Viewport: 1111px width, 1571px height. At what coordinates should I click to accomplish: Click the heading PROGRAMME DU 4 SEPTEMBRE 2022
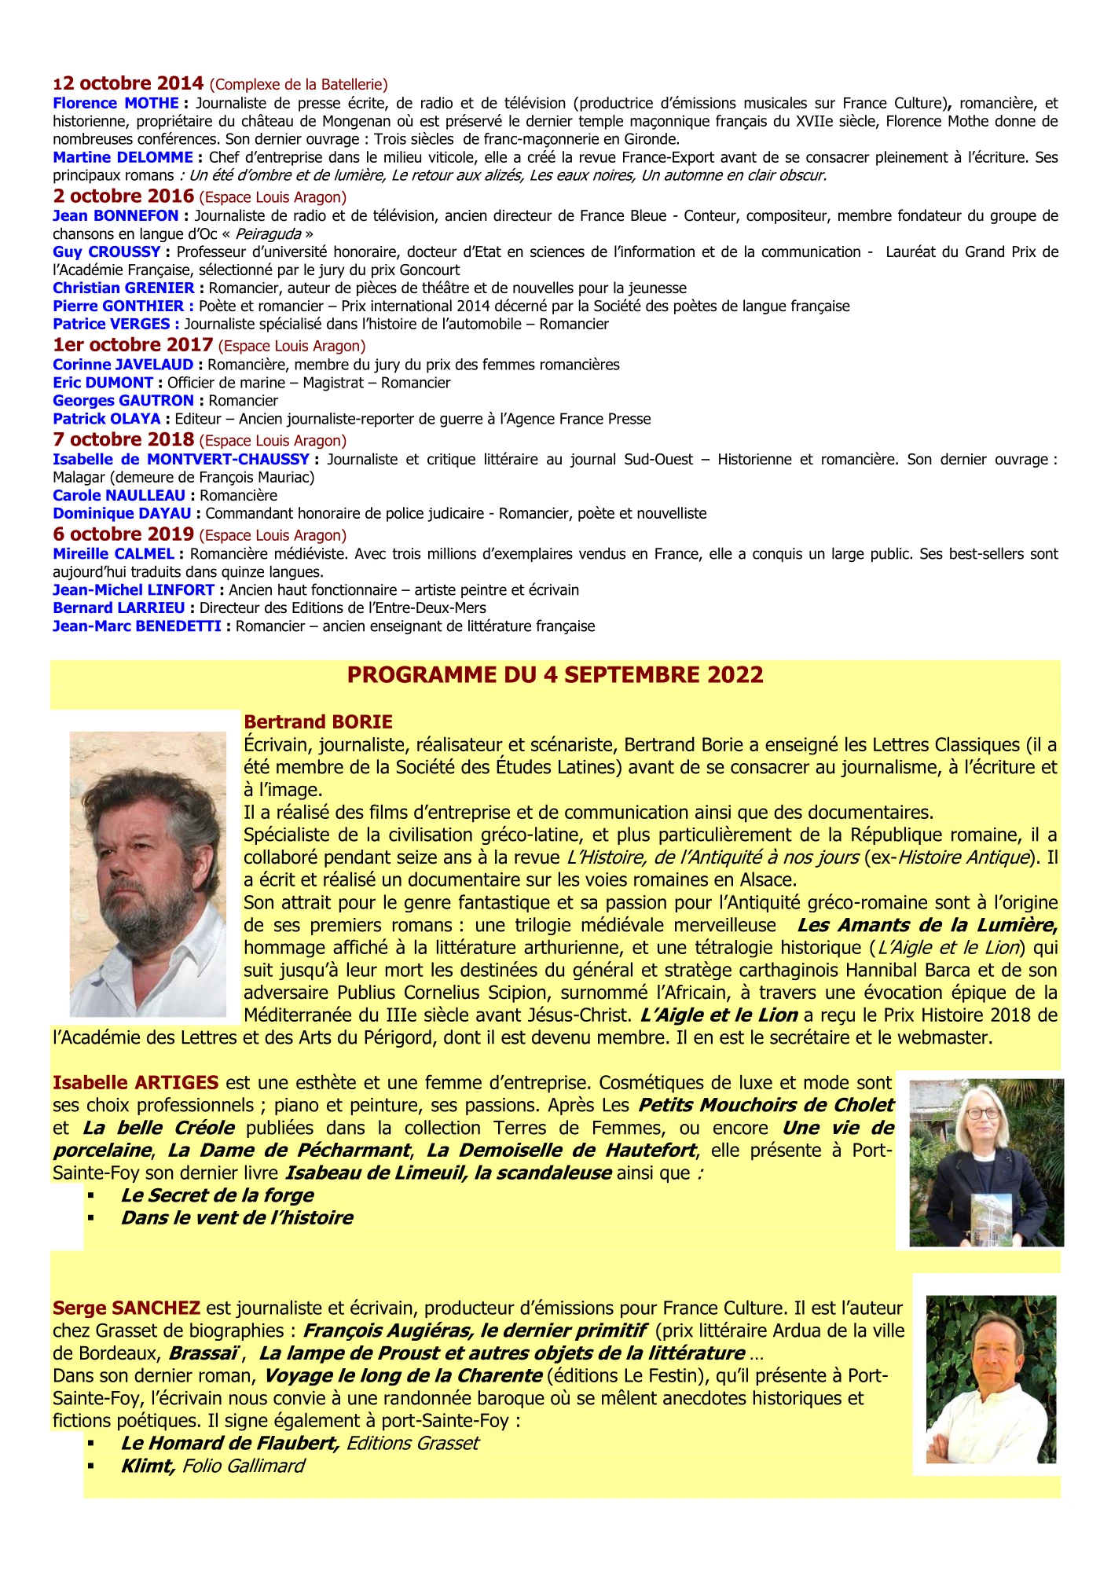click(x=555, y=675)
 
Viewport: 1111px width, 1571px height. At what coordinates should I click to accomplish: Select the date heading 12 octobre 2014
click(x=129, y=83)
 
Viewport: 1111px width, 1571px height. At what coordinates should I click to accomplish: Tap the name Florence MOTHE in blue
click(x=115, y=103)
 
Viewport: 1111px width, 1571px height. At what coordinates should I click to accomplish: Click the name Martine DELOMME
click(x=123, y=157)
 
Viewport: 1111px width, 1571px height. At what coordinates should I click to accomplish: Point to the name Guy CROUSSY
click(x=106, y=251)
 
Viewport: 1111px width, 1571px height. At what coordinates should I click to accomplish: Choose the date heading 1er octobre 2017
click(x=133, y=345)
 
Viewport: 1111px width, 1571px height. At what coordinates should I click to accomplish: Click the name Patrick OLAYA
click(x=106, y=419)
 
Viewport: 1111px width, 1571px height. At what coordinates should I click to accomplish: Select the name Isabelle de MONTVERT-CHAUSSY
click(x=181, y=459)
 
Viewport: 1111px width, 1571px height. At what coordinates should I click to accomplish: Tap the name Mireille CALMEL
click(x=113, y=554)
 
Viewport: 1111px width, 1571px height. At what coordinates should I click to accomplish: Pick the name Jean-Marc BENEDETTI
click(x=137, y=626)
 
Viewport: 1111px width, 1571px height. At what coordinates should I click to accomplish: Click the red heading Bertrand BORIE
click(x=318, y=721)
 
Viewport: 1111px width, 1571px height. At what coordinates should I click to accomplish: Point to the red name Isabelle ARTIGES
click(x=135, y=1083)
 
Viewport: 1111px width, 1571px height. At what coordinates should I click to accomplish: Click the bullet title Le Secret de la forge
click(x=217, y=1195)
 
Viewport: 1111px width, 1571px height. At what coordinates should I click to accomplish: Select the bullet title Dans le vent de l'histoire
click(x=236, y=1218)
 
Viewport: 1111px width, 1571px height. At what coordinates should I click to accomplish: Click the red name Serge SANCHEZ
click(x=126, y=1308)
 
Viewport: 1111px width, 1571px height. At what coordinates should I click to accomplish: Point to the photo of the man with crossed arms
click(x=991, y=1380)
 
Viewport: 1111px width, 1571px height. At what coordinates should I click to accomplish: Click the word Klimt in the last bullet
click(x=146, y=1466)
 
